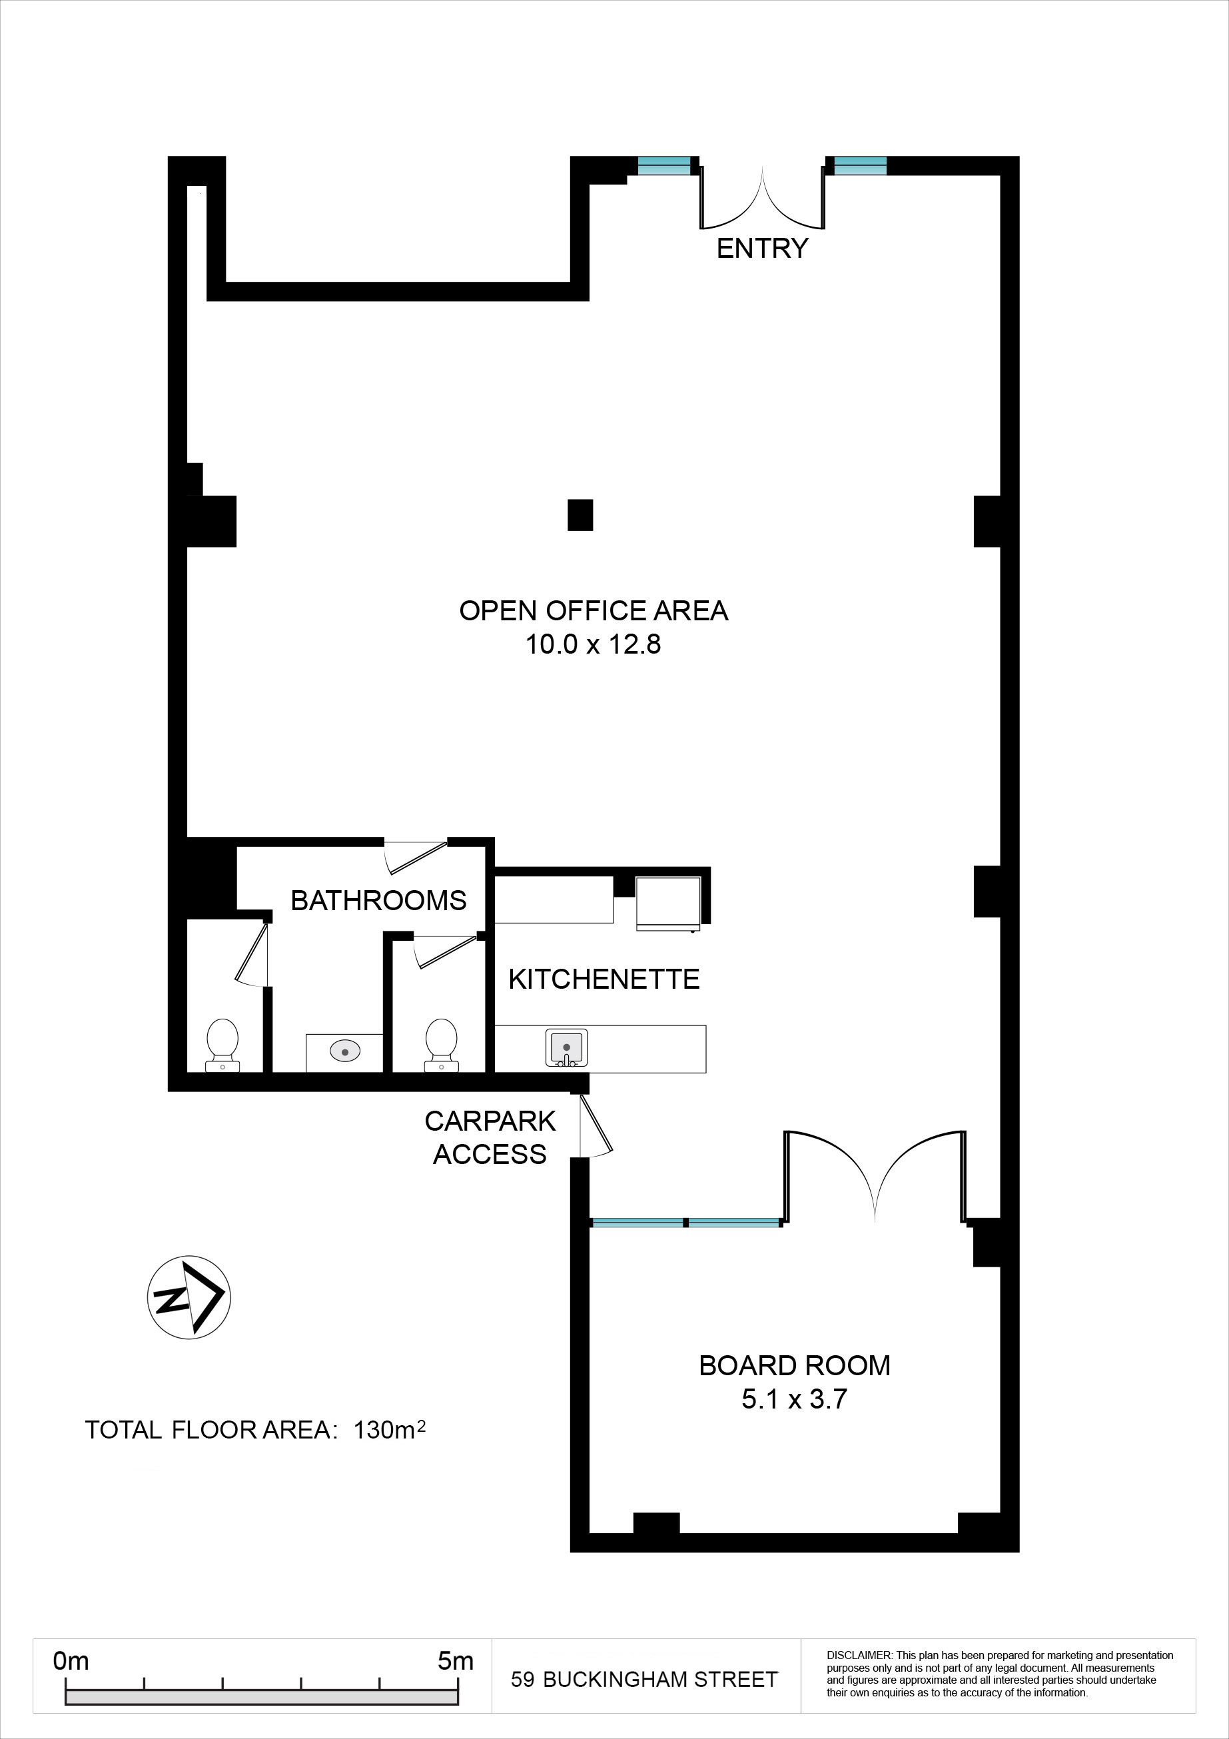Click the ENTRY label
[762, 249]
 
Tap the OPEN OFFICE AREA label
[594, 610]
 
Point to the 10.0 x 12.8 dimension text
[593, 644]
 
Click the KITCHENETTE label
[604, 979]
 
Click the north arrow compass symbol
[189, 1297]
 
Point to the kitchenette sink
[566, 1048]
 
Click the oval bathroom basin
[344, 1051]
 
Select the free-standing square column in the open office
[580, 515]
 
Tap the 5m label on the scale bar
[455, 1661]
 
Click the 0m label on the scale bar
[71, 1661]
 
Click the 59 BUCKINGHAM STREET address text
[644, 1680]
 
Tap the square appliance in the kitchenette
[668, 903]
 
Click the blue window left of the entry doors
[664, 165]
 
